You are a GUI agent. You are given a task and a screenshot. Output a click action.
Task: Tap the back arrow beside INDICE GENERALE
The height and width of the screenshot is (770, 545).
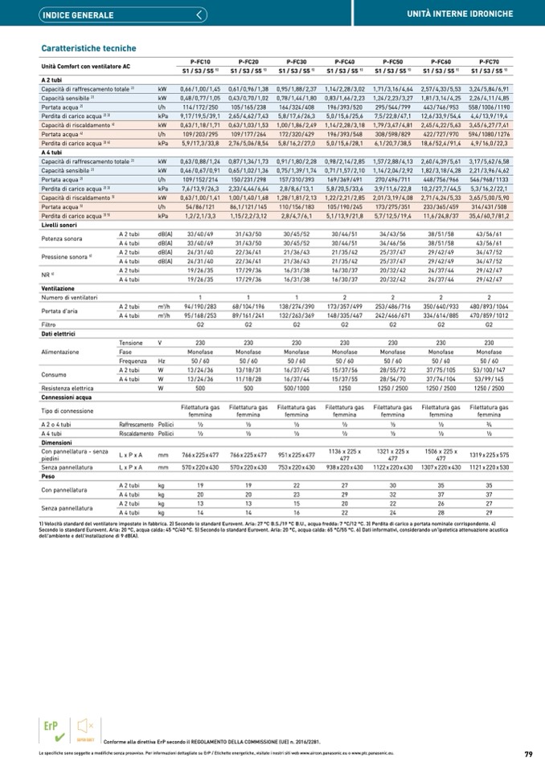[199, 14]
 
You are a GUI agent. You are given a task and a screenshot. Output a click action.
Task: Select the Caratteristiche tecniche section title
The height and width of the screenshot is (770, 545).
[88, 48]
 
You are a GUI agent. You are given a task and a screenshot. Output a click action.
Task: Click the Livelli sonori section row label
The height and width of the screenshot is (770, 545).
[60, 226]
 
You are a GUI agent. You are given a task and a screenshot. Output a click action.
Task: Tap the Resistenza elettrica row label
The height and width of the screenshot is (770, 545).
[68, 388]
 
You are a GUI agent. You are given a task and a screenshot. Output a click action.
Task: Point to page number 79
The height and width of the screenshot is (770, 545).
[528, 754]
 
